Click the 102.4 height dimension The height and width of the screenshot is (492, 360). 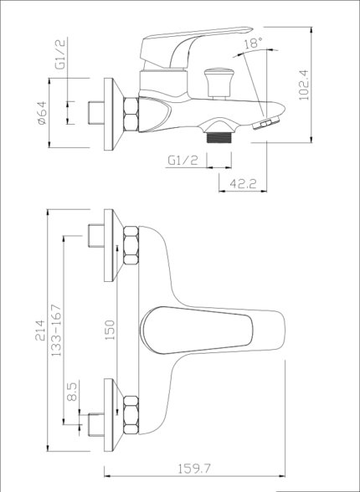tap(304, 85)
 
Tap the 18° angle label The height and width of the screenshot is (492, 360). tap(253, 43)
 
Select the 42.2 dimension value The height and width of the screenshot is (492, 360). tap(243, 183)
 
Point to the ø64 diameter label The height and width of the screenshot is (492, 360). tap(42, 113)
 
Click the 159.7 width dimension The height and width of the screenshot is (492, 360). tap(194, 469)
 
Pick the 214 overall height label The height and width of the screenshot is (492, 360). tap(40, 330)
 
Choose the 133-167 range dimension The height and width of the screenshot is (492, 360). tap(56, 330)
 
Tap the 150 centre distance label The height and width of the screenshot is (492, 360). tap(110, 330)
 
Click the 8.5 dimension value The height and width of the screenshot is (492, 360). tap(72, 392)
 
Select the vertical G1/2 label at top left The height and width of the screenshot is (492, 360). tap(60, 54)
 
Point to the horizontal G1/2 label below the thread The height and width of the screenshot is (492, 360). tap(183, 161)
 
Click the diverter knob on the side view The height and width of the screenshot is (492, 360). tap(219, 83)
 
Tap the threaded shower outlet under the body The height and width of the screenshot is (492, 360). tap(219, 137)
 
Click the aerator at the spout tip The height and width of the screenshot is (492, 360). tap(266, 122)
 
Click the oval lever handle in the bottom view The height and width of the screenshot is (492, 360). tap(197, 330)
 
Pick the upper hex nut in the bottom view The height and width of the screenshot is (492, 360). tap(131, 245)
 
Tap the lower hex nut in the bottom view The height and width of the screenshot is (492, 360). tap(131, 415)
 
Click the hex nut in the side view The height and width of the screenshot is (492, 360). tap(131, 114)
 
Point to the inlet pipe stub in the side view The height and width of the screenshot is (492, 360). tap(96, 113)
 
